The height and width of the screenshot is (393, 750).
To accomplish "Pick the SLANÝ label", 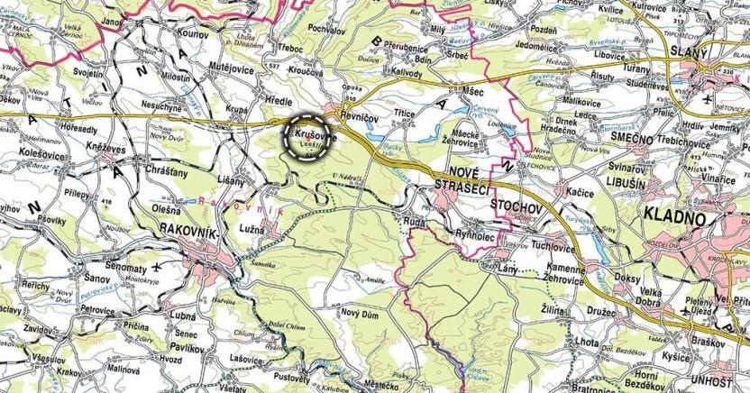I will (690, 54).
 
